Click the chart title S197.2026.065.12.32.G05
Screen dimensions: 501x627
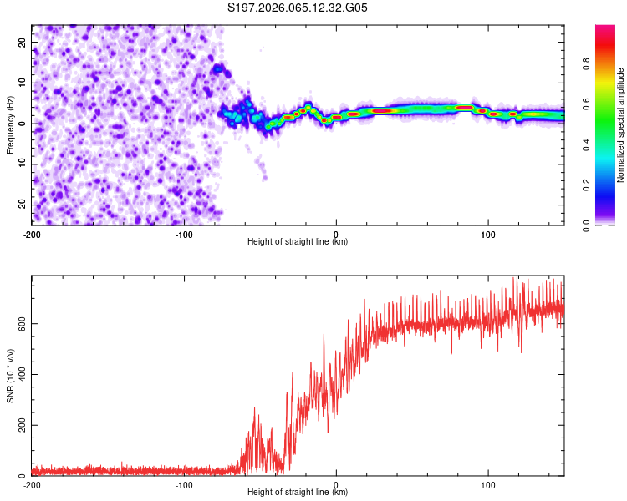pos(298,8)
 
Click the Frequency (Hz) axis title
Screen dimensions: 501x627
pos(10,124)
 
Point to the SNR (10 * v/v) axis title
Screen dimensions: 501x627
pos(10,376)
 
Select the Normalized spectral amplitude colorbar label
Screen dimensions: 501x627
pos(621,125)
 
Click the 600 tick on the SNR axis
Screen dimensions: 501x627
pos(19,323)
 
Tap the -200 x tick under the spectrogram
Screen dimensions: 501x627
pos(32,234)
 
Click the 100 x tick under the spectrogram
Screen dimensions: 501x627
pos(488,234)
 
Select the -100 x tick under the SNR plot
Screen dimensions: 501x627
pos(184,485)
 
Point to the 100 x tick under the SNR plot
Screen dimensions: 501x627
pos(488,485)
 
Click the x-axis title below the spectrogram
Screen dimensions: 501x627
pos(298,242)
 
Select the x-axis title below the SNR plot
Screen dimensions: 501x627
pos(298,493)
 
